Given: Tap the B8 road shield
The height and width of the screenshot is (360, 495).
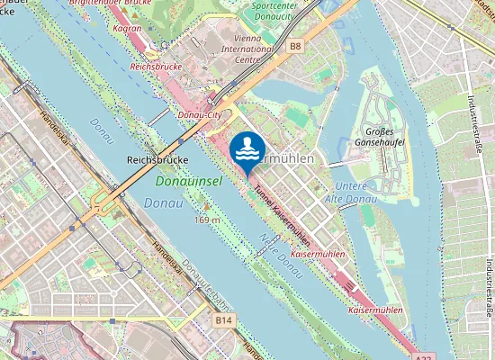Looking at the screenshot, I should (295, 45).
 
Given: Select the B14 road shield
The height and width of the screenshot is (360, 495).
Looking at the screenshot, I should (224, 319).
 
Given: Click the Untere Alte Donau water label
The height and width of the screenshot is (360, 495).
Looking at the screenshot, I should (343, 190).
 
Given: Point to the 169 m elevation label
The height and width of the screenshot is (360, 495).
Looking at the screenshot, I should (207, 219).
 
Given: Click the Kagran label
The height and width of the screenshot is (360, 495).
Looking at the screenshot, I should (129, 28).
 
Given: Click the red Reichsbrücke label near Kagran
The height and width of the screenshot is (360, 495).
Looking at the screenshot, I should (157, 67).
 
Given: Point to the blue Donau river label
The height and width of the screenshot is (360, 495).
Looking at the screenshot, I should (161, 203).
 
